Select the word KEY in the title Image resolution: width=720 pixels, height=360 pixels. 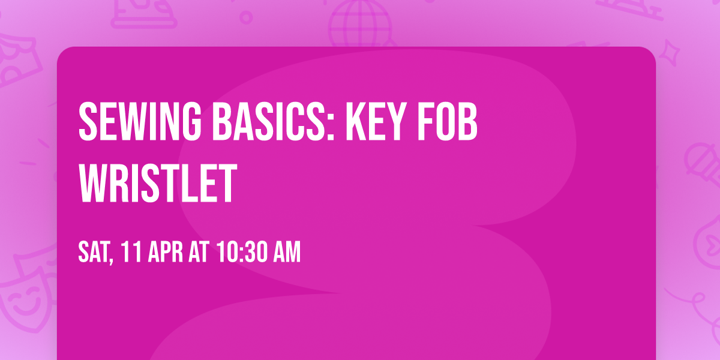377,123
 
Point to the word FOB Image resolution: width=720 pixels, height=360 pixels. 448,123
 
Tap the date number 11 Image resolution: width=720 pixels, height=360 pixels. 131,253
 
